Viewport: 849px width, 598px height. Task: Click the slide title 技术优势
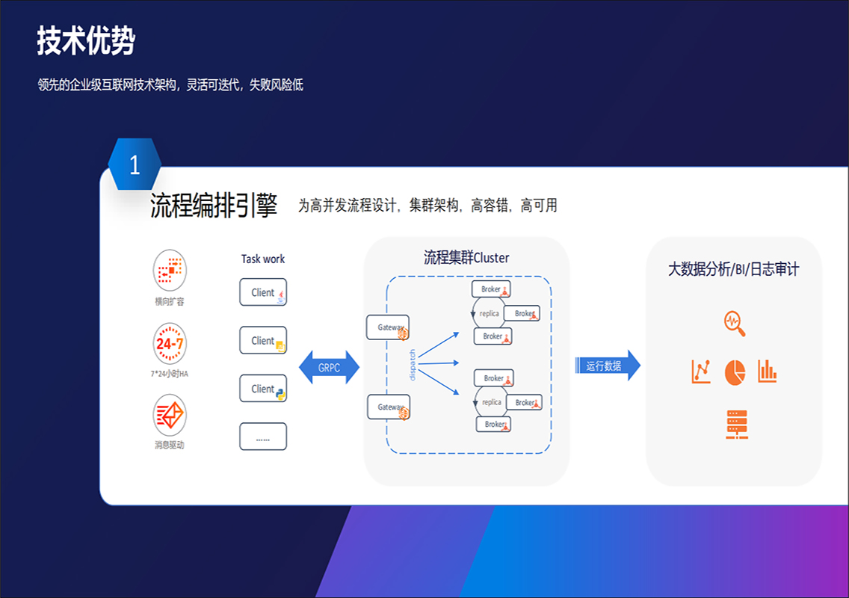coord(86,41)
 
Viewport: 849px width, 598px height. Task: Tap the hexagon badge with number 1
coord(135,164)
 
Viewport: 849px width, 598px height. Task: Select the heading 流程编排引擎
coord(214,206)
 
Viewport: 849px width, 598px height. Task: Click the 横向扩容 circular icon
coord(170,270)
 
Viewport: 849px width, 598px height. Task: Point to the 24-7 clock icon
coord(170,344)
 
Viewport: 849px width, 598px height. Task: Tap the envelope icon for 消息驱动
coord(170,415)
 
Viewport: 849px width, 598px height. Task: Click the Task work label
coord(263,259)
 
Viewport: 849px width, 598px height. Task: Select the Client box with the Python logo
coord(263,389)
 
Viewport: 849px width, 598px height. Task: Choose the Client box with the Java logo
coord(263,292)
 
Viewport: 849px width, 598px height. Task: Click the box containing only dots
coord(263,437)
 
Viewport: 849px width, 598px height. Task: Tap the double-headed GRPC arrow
coord(329,368)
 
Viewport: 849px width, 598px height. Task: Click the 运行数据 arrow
coord(608,366)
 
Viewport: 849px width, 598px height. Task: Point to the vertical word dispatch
coord(412,365)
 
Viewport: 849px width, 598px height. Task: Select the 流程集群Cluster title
coord(466,258)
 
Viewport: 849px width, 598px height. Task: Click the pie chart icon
coord(735,372)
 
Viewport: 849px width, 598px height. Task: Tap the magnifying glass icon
coord(735,324)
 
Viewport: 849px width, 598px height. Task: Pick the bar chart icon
coord(768,371)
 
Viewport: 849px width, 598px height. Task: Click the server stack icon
coord(736,424)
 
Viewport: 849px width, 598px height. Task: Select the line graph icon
coord(700,372)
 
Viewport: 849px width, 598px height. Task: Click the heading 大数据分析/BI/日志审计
coord(733,269)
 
